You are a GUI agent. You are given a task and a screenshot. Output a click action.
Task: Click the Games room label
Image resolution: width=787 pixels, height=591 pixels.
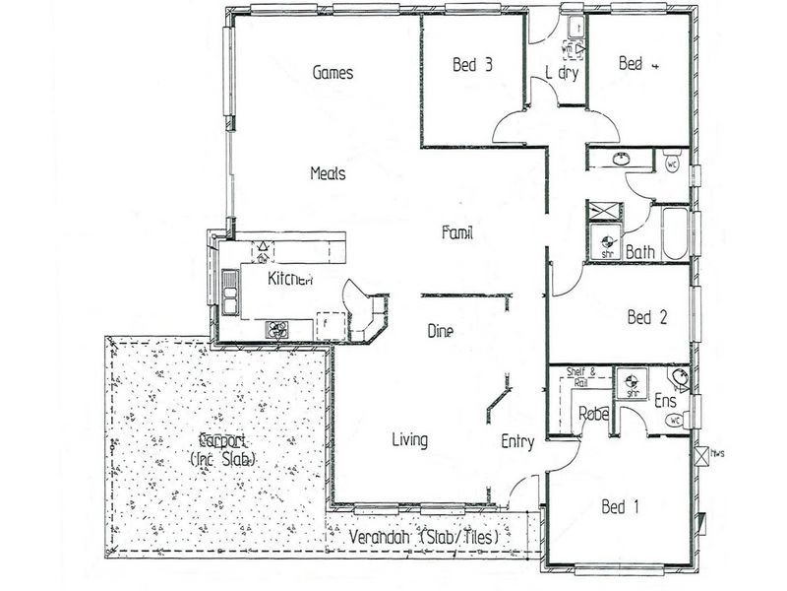point(333,73)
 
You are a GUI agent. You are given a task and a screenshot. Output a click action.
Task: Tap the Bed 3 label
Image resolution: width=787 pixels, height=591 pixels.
point(472,66)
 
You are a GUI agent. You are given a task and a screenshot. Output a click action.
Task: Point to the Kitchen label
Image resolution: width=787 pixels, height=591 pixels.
point(290,280)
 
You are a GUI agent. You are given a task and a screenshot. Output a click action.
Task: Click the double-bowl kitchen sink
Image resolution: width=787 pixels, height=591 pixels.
point(229,292)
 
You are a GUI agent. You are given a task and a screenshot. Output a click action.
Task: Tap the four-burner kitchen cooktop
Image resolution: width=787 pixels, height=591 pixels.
point(276,330)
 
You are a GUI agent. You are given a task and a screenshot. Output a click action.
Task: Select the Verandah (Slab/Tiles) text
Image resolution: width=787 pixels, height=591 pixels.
point(431,539)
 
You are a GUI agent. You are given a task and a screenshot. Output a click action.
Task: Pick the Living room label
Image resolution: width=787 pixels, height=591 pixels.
point(408,440)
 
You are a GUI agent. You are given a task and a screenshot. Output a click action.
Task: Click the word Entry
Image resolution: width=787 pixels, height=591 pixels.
point(517,442)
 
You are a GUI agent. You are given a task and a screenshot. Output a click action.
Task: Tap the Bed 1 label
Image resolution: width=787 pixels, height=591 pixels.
point(621,508)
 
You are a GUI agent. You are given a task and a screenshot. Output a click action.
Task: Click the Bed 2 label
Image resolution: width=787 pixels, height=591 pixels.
point(647,317)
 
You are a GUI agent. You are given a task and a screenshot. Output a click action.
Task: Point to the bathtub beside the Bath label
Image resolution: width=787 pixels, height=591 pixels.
point(675,234)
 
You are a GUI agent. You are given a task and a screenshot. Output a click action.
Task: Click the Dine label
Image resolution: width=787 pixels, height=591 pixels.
point(440,332)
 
